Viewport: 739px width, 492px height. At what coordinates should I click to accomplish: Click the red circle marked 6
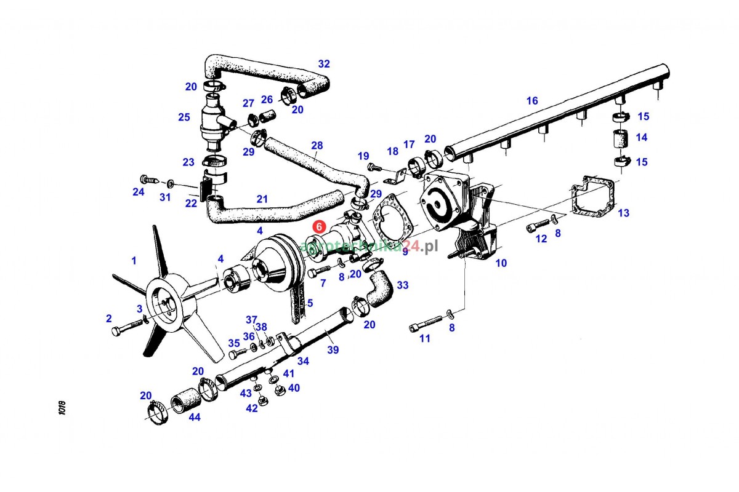pos(319,226)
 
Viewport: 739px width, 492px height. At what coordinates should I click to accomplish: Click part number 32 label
pos(324,63)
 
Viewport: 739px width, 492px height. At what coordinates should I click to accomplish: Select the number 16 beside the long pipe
pos(532,101)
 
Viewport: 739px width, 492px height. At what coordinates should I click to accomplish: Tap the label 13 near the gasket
pos(624,213)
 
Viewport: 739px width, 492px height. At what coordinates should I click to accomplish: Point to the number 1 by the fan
pos(134,261)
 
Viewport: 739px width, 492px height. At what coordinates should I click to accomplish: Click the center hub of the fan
pos(164,305)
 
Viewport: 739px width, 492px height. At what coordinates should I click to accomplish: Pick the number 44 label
pos(194,417)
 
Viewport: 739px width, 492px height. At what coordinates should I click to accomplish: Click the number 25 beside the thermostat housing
pos(184,117)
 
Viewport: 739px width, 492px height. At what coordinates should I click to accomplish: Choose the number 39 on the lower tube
pos(333,350)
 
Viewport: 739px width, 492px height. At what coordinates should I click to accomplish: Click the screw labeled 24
pos(150,180)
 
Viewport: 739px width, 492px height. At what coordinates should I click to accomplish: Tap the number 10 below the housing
pos(501,263)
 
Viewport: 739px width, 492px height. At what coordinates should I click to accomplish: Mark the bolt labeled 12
pos(537,226)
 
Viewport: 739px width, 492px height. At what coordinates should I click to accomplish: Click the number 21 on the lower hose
pos(262,199)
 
